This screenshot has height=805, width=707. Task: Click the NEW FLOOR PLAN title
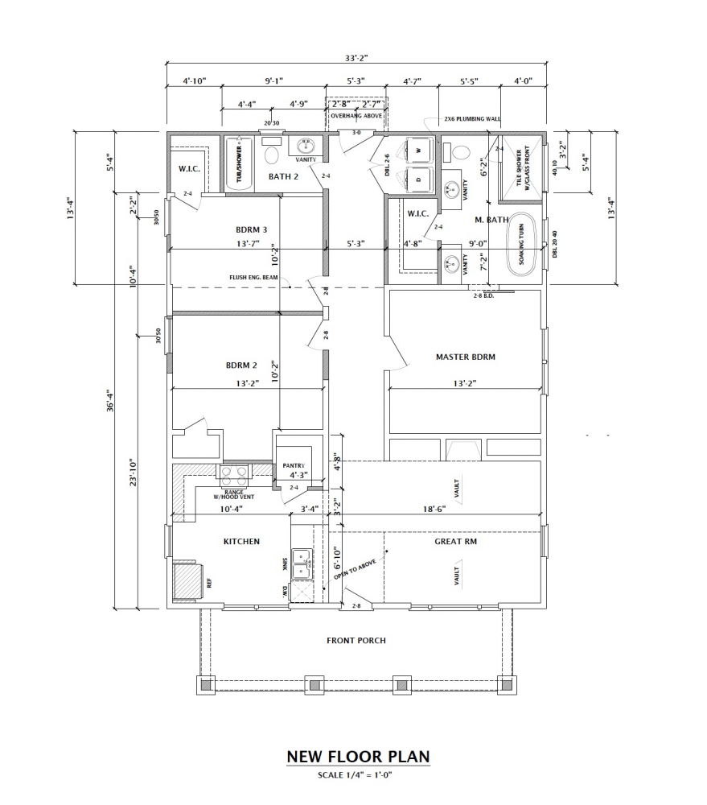click(x=358, y=757)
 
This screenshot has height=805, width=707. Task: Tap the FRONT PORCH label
click(x=356, y=641)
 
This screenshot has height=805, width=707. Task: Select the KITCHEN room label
click(x=241, y=542)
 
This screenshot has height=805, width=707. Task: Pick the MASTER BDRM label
click(x=465, y=357)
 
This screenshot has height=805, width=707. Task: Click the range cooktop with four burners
click(x=234, y=473)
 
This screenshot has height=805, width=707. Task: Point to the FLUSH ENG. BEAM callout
click(x=253, y=278)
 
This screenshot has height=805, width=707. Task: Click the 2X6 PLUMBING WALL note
click(x=472, y=119)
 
